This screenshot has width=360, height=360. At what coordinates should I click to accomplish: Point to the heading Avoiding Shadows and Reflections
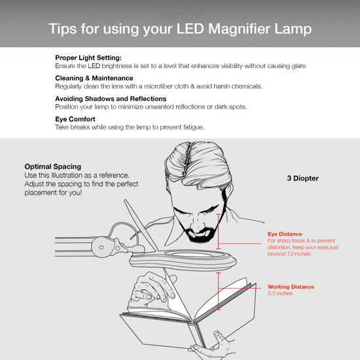110,99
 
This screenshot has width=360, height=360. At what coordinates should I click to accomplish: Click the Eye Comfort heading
75,119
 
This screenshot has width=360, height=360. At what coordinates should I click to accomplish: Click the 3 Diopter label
302,177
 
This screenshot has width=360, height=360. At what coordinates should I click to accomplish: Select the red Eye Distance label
285,234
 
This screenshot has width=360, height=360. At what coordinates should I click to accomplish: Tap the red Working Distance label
291,287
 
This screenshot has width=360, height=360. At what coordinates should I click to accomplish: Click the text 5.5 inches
280,294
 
